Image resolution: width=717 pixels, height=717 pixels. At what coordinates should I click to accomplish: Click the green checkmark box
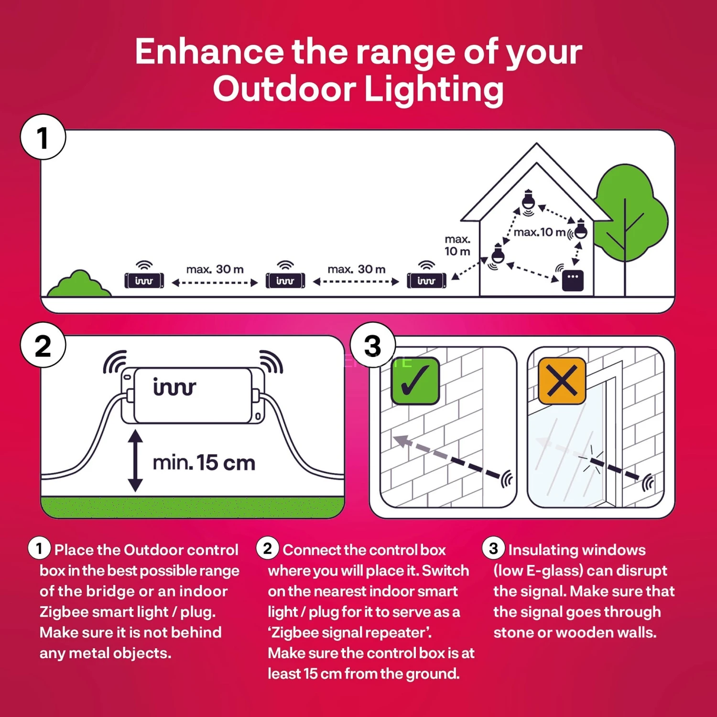click(x=415, y=381)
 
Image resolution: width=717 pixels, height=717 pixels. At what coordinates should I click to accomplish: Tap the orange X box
click(x=562, y=381)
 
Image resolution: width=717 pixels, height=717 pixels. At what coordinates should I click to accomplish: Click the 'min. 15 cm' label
click(x=204, y=463)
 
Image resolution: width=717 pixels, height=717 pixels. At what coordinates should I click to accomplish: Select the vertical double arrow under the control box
click(x=135, y=461)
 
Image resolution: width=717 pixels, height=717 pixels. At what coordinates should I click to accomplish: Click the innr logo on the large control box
click(x=174, y=387)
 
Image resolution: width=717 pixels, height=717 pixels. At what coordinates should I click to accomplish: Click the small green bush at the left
click(x=79, y=284)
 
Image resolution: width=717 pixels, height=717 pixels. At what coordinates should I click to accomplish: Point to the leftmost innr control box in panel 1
click(x=144, y=280)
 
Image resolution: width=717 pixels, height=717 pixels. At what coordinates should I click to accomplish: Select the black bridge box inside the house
click(x=573, y=281)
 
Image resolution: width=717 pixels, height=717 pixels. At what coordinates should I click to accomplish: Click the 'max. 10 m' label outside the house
click(x=457, y=245)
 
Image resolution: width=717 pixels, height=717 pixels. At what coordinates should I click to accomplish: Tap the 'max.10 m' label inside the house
click(x=539, y=232)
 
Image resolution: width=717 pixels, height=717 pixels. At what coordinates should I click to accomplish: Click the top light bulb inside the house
click(x=528, y=199)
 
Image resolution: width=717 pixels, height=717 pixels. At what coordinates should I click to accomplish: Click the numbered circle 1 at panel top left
click(x=43, y=137)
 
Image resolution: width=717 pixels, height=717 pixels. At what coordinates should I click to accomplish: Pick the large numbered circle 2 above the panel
click(x=43, y=346)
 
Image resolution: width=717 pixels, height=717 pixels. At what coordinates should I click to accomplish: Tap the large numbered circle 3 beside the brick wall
click(x=373, y=346)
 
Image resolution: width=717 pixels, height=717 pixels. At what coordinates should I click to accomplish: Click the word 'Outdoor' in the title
click(x=284, y=89)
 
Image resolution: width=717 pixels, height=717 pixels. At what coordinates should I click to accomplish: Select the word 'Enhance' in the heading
click(x=209, y=52)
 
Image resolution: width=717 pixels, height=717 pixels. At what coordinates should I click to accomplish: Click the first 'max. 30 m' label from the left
click(x=215, y=270)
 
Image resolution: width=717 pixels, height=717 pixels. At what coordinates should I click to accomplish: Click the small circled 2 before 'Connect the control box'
click(x=267, y=548)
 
